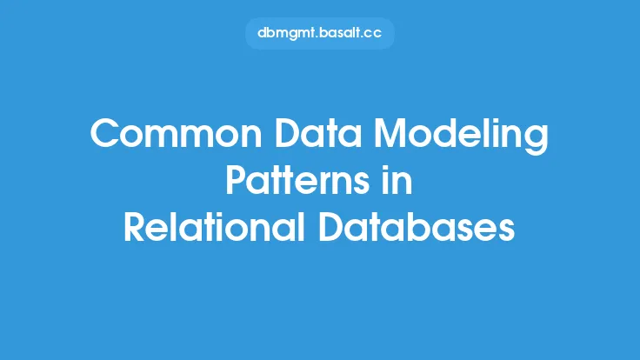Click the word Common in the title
pyautogui.click(x=176, y=133)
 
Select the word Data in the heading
pyautogui.click(x=318, y=133)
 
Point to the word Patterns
pyautogui.click(x=297, y=180)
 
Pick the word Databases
pyautogui.click(x=417, y=226)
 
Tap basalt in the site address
pyautogui.click(x=339, y=33)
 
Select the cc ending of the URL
pyautogui.click(x=372, y=34)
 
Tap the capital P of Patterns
pyautogui.click(x=237, y=180)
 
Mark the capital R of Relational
pyautogui.click(x=135, y=227)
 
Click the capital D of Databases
pyautogui.click(x=331, y=227)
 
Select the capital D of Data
pyautogui.click(x=288, y=133)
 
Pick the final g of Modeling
pyautogui.click(x=537, y=141)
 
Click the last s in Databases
pyautogui.click(x=506, y=231)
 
